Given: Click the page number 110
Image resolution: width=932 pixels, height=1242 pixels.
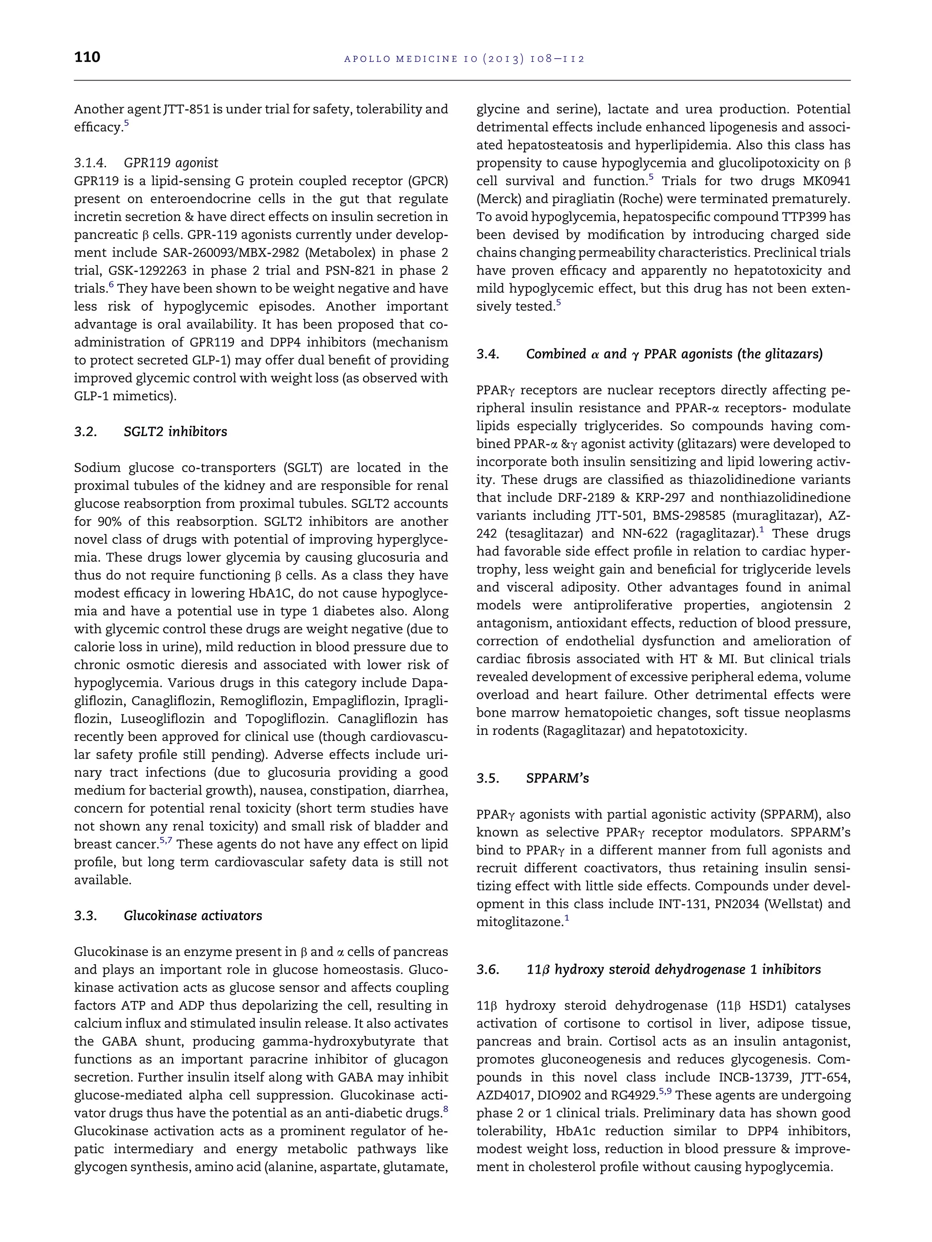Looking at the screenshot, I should [87, 57].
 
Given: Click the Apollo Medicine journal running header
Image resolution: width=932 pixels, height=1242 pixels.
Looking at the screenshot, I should [464, 58].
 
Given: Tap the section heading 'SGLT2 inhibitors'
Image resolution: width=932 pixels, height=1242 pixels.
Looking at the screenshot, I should [175, 432].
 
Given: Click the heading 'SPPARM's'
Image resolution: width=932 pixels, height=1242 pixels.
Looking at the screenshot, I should [557, 778].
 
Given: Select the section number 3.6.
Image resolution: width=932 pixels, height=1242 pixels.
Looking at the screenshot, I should [488, 970].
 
